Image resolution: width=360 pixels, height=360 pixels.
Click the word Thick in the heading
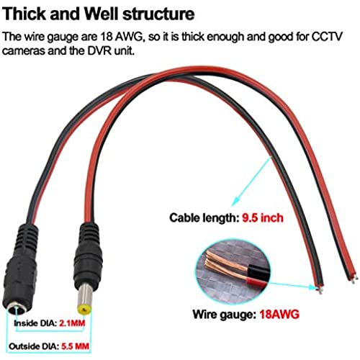click(x=24, y=14)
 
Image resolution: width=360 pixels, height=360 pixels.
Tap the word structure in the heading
click(x=158, y=14)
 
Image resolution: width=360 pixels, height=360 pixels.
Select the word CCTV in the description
click(x=327, y=37)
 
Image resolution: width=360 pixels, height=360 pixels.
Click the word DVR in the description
click(x=99, y=51)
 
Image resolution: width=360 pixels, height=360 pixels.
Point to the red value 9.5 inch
click(x=263, y=218)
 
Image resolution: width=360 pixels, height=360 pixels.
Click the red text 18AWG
click(x=279, y=314)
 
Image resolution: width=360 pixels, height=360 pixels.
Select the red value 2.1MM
click(x=72, y=323)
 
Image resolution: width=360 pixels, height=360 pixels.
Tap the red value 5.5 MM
click(x=76, y=346)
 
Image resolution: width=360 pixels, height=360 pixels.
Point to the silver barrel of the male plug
click(x=85, y=296)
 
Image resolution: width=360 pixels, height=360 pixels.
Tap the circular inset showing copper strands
click(x=233, y=269)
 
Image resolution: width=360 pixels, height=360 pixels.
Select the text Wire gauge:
click(x=225, y=315)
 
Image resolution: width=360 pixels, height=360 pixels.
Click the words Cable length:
click(x=204, y=218)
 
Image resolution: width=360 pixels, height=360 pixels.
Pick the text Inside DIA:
click(x=35, y=323)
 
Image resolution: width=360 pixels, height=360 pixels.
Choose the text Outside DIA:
click(x=34, y=346)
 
